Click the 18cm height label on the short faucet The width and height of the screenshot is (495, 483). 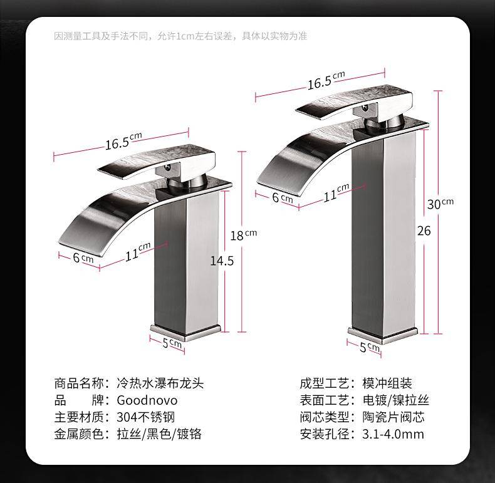tap(243, 235)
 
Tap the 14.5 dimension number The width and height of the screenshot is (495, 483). tap(222, 261)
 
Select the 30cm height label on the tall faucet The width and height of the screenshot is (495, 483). tap(440, 204)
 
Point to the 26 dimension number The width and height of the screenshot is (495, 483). tap(424, 231)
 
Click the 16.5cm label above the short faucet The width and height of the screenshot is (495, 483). tap(123, 141)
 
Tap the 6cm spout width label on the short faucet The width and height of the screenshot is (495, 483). tap(83, 258)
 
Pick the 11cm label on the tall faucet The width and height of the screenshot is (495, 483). tap(336, 192)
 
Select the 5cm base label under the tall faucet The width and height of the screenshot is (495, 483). tap(369, 347)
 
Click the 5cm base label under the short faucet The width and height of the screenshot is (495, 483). tap(172, 343)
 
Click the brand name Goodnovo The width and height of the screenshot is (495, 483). tap(147, 400)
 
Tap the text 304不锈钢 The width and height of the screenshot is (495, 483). tap(145, 417)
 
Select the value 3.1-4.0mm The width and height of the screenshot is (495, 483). tap(393, 434)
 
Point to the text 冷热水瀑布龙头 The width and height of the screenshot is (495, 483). tap(160, 383)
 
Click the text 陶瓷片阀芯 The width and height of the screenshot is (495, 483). tap(393, 417)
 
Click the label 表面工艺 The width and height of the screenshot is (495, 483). tap(325, 400)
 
